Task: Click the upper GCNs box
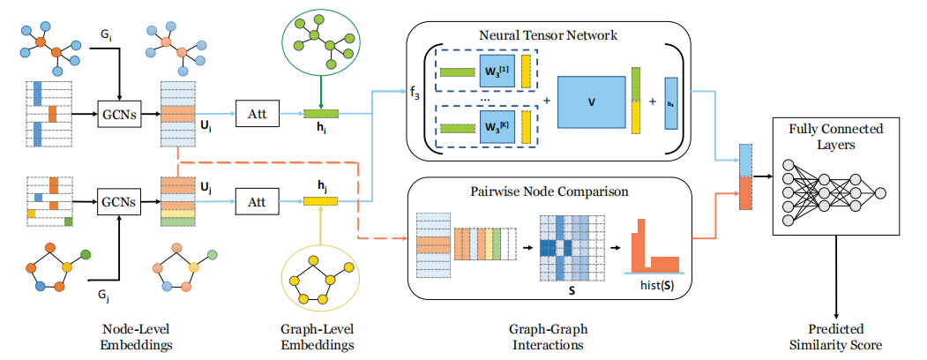pos(117,115)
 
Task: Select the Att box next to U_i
pos(257,115)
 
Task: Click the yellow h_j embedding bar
pos(321,200)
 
